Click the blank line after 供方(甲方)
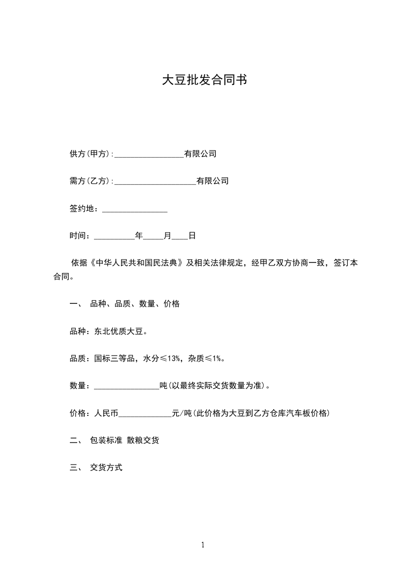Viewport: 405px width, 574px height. point(149,154)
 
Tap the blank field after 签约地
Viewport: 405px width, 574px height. point(135,209)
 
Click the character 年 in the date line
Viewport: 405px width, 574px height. point(139,236)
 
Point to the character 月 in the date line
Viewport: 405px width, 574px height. point(168,236)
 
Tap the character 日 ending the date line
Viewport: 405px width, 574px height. point(192,236)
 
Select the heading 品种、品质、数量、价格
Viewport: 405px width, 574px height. point(135,304)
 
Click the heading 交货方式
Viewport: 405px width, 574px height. point(106,468)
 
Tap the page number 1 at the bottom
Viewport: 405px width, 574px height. point(203,545)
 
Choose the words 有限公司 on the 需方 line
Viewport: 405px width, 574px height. point(212,181)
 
